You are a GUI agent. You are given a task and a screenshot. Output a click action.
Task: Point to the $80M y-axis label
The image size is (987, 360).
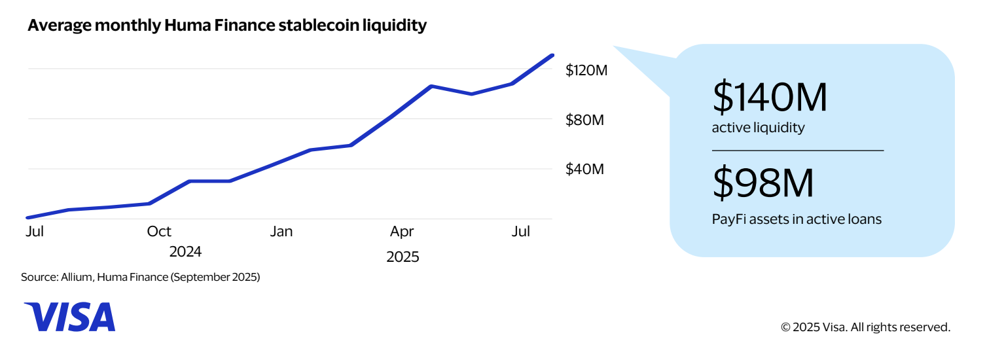(x=584, y=120)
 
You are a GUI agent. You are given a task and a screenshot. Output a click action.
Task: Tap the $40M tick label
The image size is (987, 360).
(x=584, y=170)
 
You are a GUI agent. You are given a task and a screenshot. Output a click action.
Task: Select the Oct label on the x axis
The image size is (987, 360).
(x=159, y=232)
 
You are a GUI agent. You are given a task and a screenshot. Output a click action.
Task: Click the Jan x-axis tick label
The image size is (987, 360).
(x=281, y=232)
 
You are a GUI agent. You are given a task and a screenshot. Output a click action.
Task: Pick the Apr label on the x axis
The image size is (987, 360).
(x=402, y=232)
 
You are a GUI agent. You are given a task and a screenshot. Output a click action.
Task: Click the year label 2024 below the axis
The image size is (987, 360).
(x=185, y=252)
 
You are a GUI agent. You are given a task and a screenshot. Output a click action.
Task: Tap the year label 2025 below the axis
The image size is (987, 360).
(x=403, y=257)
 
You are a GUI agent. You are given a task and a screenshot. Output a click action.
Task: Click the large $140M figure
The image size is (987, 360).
(x=770, y=97)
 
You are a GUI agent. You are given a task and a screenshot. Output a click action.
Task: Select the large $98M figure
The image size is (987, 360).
(x=763, y=184)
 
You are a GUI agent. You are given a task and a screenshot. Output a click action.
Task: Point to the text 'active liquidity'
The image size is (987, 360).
(x=758, y=128)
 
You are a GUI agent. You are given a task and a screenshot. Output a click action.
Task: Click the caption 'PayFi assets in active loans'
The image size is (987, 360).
(x=797, y=219)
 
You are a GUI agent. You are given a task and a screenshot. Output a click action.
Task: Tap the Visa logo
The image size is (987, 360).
(x=69, y=317)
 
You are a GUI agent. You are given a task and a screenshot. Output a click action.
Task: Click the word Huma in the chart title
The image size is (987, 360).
(x=193, y=26)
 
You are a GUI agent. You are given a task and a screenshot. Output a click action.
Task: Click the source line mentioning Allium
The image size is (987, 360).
(x=141, y=278)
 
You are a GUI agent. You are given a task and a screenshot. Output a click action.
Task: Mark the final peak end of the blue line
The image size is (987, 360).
(x=553, y=55)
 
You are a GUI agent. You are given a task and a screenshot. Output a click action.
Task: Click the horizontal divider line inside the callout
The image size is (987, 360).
(x=797, y=151)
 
